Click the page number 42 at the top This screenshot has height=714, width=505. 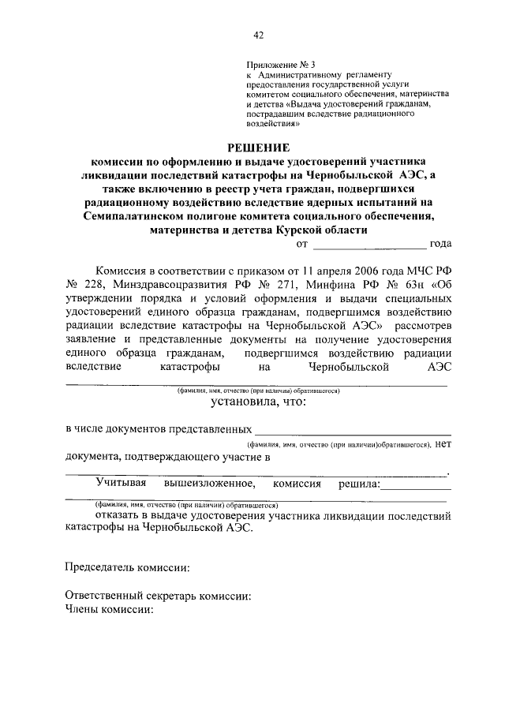(x=258, y=35)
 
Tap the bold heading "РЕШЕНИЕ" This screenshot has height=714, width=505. (x=258, y=147)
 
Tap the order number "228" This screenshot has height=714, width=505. (x=96, y=284)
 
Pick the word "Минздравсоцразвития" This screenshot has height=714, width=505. (x=174, y=284)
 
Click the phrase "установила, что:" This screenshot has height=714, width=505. (x=257, y=402)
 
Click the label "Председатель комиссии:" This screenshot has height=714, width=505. (x=126, y=567)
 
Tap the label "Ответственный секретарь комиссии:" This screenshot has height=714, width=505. (x=158, y=596)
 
